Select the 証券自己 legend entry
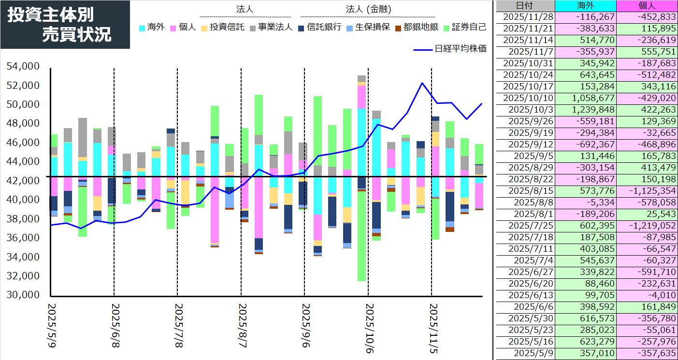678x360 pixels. coord(465,28)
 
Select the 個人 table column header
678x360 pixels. coord(647,6)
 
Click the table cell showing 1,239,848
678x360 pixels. coord(586,110)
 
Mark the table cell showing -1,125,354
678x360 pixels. coord(647,191)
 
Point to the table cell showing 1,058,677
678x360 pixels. coord(586,98)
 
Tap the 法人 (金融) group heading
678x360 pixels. coord(368,9)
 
